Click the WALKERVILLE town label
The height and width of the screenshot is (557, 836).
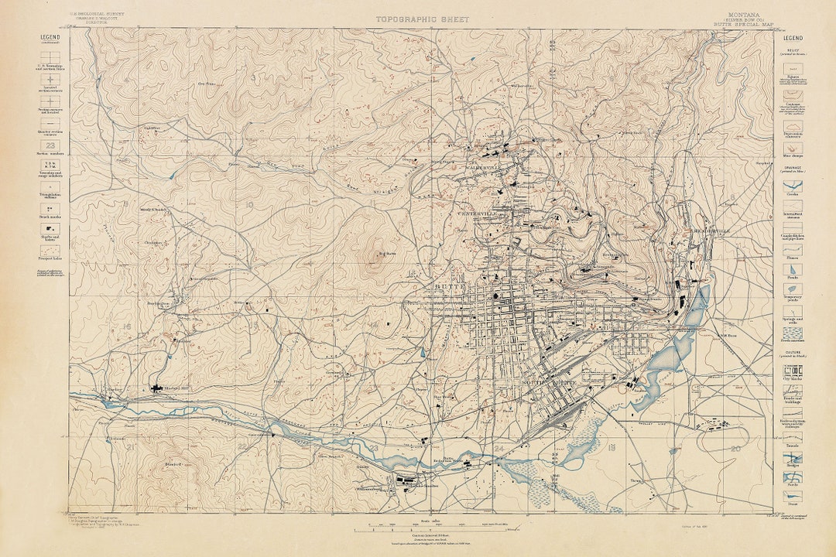[484, 167]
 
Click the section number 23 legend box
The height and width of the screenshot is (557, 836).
[50, 145]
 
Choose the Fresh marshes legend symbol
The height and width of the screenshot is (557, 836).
[793, 331]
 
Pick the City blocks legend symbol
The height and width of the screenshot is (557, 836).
[793, 369]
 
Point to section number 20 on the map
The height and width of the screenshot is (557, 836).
[734, 448]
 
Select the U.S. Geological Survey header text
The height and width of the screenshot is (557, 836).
[96, 14]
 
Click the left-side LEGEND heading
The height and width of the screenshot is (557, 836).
[50, 36]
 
